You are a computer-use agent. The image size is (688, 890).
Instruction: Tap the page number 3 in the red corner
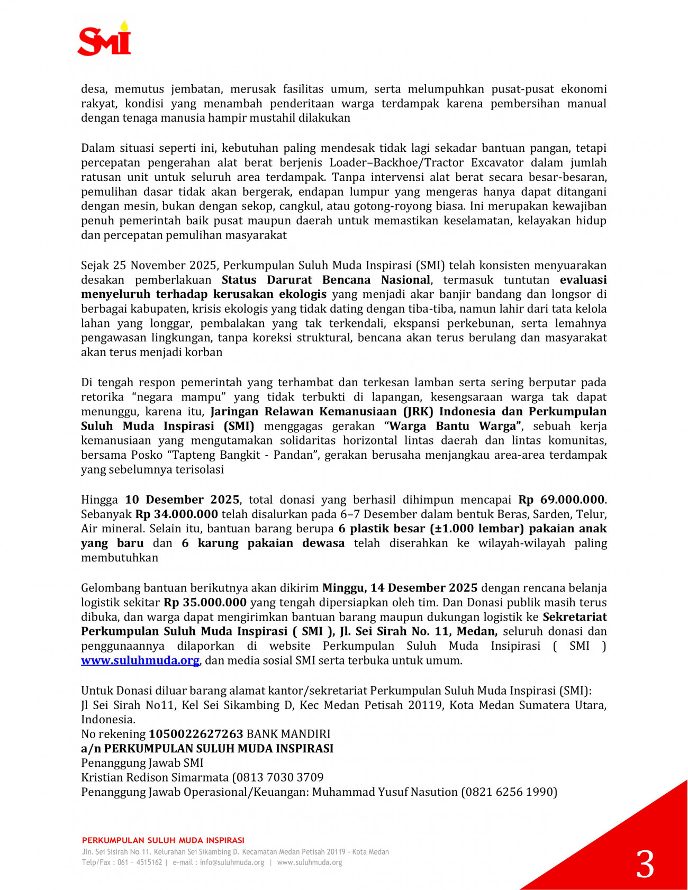[645, 865]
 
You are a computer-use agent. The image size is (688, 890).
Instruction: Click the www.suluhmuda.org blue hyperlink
[140, 660]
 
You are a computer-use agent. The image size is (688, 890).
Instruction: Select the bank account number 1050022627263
[196, 734]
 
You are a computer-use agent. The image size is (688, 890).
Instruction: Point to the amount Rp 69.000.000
[561, 500]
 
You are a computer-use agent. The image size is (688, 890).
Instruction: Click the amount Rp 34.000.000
[177, 514]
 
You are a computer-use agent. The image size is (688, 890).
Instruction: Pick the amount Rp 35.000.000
[205, 602]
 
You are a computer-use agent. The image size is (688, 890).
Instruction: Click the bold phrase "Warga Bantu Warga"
[454, 426]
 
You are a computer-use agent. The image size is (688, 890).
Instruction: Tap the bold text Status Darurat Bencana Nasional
[326, 280]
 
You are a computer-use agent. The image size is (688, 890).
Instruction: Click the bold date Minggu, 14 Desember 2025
[400, 588]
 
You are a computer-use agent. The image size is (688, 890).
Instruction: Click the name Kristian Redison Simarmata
[155, 777]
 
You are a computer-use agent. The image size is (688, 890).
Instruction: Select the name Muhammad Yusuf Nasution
[385, 792]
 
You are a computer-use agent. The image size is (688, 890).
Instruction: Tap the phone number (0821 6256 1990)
[509, 792]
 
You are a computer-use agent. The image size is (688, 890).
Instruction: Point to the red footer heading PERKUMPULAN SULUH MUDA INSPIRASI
[163, 840]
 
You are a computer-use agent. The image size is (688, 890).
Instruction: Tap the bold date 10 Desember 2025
[183, 500]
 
